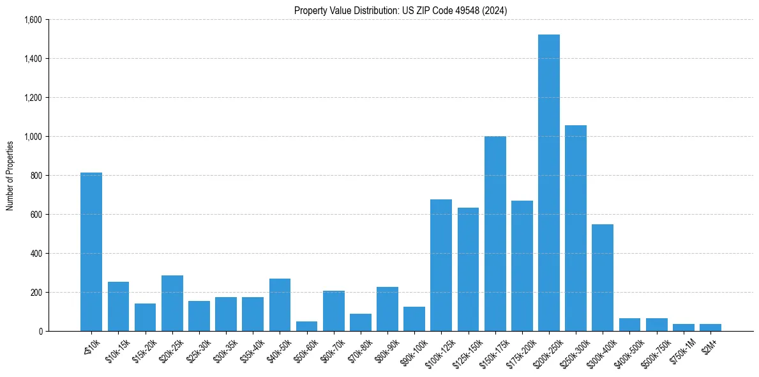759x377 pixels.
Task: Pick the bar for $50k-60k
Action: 306,326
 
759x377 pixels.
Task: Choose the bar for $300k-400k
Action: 603,277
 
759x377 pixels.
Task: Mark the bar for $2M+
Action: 710,327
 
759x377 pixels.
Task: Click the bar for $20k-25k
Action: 172,303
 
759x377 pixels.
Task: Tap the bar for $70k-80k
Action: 361,322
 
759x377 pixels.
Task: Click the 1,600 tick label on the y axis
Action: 33,20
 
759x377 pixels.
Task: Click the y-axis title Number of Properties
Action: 10,176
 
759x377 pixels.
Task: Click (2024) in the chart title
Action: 495,10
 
